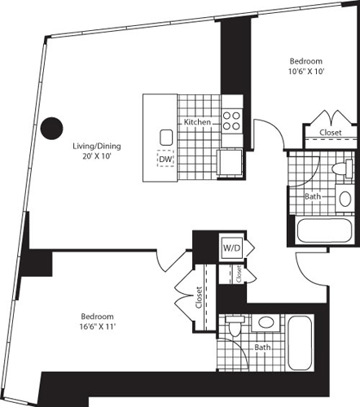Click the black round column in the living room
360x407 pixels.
[52, 127]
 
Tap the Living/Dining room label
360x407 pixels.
[96, 147]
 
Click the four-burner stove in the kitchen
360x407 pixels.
[231, 120]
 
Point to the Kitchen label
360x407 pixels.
[197, 122]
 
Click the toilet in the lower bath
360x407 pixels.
[235, 328]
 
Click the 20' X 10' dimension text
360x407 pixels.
[96, 157]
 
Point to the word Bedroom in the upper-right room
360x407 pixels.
[306, 62]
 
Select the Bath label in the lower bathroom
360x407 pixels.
[261, 348]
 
